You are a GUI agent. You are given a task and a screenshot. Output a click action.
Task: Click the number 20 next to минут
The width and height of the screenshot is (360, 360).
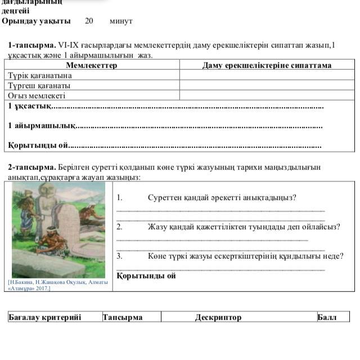coord(89,21)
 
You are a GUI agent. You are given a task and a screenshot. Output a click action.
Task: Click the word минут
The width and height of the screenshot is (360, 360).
coord(121,21)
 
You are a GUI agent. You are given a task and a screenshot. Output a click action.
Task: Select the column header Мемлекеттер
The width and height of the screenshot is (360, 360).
coord(92,65)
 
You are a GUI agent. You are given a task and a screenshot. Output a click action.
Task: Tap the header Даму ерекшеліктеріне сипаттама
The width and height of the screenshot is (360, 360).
coord(267,65)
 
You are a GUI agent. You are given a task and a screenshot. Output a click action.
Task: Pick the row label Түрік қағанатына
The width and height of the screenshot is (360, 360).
coord(40,75)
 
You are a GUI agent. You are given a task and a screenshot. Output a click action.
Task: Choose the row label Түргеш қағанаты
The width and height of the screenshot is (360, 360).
coord(39,85)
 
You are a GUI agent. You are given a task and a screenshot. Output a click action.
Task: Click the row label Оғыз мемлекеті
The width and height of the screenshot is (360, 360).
coord(37,96)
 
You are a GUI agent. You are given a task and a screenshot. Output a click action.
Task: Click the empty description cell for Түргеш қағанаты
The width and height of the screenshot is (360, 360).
coord(267,85)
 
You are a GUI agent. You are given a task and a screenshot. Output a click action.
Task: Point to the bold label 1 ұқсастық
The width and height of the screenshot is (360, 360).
coord(29,106)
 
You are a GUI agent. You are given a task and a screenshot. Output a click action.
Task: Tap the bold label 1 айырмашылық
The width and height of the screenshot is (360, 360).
coord(41,125)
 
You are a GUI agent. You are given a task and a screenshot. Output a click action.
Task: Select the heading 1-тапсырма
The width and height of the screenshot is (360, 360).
coord(31,45)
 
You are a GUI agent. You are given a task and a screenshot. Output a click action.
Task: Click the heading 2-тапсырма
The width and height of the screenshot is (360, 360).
coord(31,167)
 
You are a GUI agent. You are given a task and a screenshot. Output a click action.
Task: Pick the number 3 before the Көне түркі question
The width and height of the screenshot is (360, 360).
coord(119,256)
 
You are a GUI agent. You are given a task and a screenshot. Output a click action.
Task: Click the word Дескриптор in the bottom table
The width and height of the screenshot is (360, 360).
coord(218,317)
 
